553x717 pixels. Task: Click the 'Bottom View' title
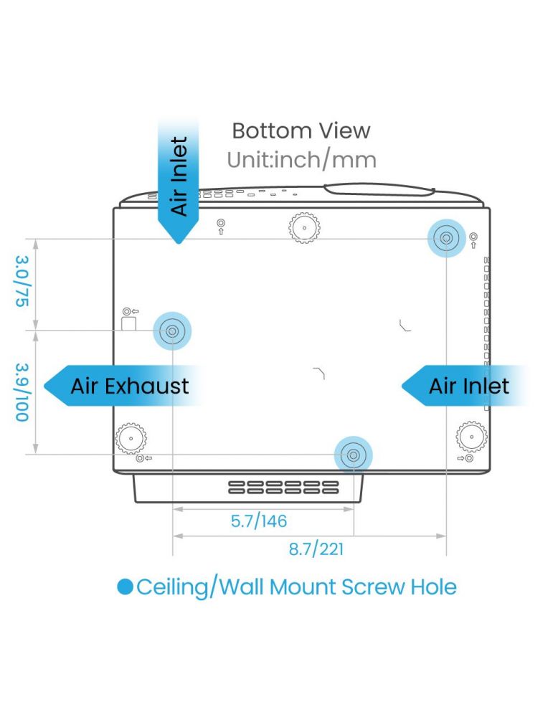[301, 130]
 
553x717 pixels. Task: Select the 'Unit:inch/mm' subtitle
[301, 160]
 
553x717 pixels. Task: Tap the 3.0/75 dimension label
[22, 281]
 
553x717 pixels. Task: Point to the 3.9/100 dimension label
[22, 392]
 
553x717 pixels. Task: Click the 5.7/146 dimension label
[259, 521]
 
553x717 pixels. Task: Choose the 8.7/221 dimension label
[316, 549]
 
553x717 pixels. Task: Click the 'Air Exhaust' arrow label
[123, 386]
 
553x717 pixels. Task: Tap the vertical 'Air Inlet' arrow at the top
[179, 180]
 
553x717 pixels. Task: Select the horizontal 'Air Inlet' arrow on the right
[463, 386]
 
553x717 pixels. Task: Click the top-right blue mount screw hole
[446, 238]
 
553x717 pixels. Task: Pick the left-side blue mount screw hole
[172, 331]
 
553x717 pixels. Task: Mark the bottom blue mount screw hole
[353, 455]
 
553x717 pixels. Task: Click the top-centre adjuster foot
[304, 227]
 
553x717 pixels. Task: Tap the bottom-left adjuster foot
[131, 438]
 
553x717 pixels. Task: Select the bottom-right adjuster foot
[471, 437]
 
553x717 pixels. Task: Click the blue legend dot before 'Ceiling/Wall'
[125, 587]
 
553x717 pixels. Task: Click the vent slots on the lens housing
[283, 488]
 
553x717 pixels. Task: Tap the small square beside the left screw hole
[129, 323]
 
